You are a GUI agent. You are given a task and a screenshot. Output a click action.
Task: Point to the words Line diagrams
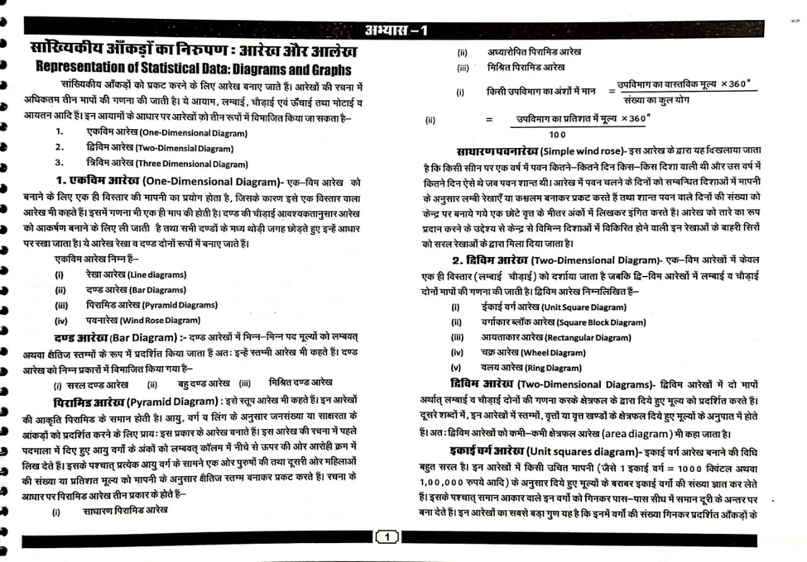click(156, 275)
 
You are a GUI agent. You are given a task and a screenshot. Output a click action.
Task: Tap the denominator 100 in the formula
click(557, 134)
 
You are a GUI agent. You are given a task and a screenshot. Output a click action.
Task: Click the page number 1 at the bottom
click(387, 537)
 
